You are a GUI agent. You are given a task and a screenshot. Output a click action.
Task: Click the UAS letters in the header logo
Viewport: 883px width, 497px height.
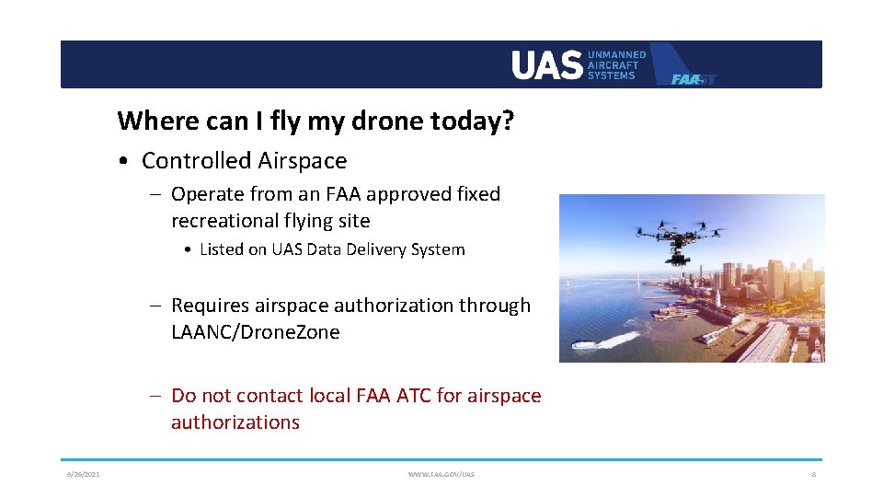click(x=546, y=65)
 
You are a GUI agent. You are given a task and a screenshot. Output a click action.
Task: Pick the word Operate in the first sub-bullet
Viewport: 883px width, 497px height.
click(x=207, y=194)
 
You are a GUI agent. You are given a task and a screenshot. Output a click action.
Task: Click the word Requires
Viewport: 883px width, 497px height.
click(x=211, y=306)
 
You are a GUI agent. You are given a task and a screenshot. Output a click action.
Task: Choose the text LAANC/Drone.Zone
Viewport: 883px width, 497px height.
click(x=255, y=332)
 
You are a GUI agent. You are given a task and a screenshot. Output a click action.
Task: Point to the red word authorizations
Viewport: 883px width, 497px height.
click(x=235, y=422)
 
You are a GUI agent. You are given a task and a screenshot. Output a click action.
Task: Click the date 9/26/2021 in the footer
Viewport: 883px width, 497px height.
click(x=83, y=474)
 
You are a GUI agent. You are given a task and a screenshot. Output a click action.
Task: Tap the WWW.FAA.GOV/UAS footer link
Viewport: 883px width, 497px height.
click(x=441, y=474)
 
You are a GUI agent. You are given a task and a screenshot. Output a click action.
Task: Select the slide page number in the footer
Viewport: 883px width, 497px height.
click(x=814, y=474)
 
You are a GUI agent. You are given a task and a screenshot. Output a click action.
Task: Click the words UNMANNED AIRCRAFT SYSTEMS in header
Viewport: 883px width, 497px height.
click(x=616, y=65)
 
